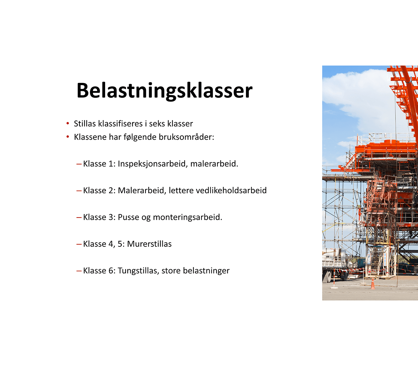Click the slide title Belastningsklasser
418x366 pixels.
point(164,91)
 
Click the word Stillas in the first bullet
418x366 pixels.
point(85,124)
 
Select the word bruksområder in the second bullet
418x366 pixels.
point(186,137)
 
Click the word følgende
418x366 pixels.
point(140,137)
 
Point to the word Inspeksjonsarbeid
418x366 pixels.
point(153,164)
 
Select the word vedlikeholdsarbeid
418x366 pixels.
point(231,190)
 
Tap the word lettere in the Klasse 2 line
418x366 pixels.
point(181,191)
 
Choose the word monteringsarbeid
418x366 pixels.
point(187,218)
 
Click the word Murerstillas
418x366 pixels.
point(149,244)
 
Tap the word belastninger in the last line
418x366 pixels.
point(206,271)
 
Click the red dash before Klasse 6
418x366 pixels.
point(79,271)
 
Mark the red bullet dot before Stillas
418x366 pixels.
point(68,123)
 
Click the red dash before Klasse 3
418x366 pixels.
point(79,218)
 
